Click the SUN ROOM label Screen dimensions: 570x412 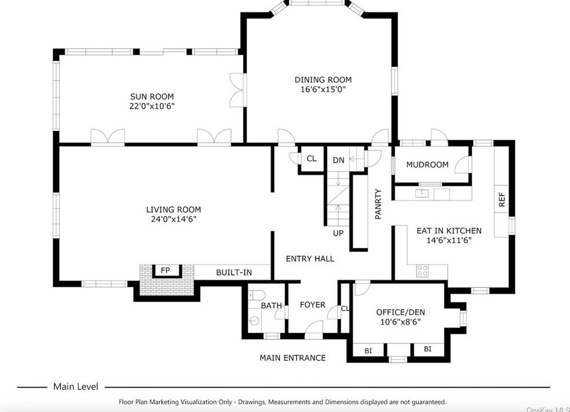pos(152,97)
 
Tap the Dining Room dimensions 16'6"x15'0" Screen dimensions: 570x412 pos(323,90)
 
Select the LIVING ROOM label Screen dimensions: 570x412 pos(173,210)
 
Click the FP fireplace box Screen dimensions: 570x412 pos(166,271)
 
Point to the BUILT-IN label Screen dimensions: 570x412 pos(234,273)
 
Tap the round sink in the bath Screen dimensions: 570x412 pos(254,321)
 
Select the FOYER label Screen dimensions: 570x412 pos(313,305)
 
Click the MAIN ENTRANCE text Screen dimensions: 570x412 pos(292,358)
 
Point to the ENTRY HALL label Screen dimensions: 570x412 pos(310,258)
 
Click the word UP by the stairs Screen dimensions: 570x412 pos(338,233)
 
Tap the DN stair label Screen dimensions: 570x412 pos(338,160)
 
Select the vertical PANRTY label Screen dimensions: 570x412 pos(378,204)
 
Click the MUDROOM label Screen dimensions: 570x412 pos(427,165)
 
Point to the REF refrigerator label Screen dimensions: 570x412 pos(502,199)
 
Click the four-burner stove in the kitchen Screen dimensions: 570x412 pos(423,270)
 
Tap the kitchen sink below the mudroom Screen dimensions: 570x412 pos(422,193)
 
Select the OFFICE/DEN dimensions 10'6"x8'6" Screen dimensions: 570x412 pos(400,322)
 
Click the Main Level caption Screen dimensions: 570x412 pos(75,386)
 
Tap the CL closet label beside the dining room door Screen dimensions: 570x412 pos(312,159)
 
